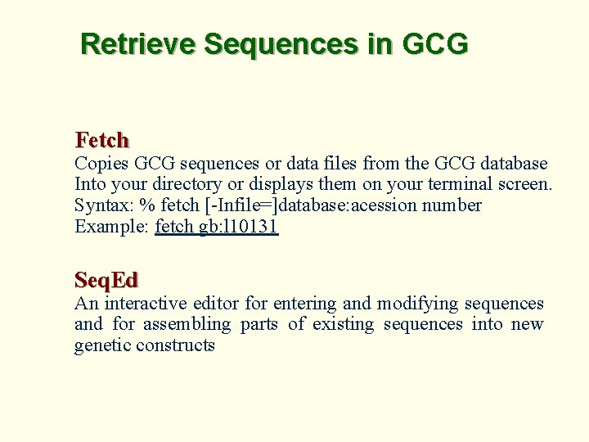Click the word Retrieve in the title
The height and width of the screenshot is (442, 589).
pyautogui.click(x=138, y=43)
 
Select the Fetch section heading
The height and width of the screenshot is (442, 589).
pyautogui.click(x=102, y=140)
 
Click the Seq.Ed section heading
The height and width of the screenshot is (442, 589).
pyautogui.click(x=106, y=280)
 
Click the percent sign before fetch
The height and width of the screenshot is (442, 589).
pyautogui.click(x=146, y=205)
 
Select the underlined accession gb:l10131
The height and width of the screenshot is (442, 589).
pyautogui.click(x=239, y=227)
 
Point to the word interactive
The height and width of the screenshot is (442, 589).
pyautogui.click(x=146, y=304)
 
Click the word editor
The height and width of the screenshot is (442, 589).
pyautogui.click(x=218, y=304)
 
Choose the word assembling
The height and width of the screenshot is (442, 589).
pyautogui.click(x=187, y=325)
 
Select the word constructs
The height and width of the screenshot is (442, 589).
pyautogui.click(x=176, y=345)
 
